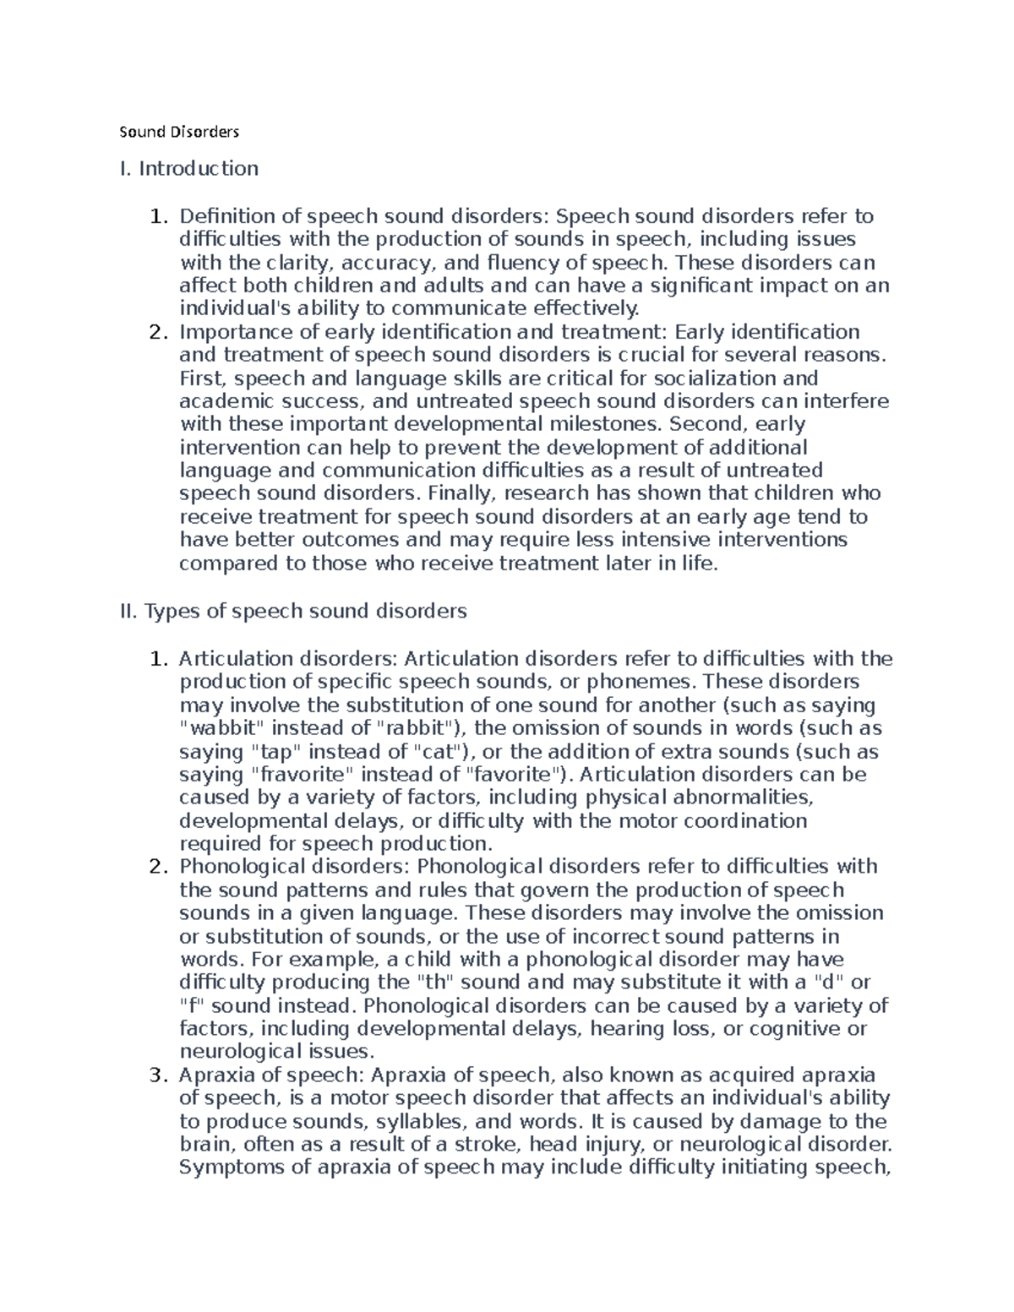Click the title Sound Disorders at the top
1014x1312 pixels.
coord(179,132)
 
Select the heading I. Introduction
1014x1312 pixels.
coord(189,169)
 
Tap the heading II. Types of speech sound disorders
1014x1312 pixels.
coord(294,611)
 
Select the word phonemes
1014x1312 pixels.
coord(644,682)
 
